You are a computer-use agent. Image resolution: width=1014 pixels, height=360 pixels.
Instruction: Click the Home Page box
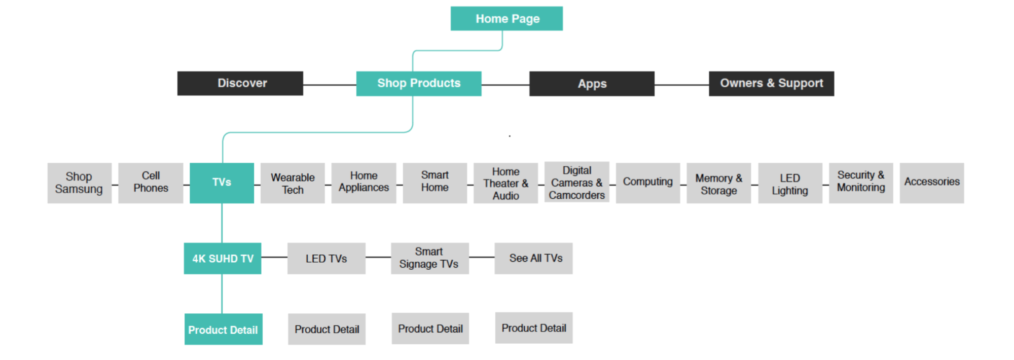[x=506, y=18]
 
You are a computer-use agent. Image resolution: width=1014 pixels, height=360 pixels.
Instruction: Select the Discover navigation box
[x=240, y=83]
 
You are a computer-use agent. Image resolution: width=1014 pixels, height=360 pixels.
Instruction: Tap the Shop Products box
[x=419, y=83]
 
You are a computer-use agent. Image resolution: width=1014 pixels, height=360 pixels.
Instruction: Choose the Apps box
[x=592, y=84]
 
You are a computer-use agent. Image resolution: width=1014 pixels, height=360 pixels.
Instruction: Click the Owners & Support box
[x=771, y=84]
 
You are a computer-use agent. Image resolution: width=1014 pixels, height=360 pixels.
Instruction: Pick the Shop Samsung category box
[x=80, y=183]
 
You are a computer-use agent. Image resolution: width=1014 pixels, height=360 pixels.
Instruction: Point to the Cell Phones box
[x=151, y=183]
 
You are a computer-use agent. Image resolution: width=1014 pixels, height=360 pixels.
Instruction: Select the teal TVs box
[x=222, y=183]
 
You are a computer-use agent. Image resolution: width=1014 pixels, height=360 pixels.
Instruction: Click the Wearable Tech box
[x=293, y=183]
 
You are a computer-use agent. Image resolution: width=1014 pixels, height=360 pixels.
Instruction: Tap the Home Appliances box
[x=364, y=183]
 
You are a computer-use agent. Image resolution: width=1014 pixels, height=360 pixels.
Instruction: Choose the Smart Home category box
[x=435, y=183]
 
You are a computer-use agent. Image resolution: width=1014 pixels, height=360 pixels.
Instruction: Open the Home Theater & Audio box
[x=505, y=183]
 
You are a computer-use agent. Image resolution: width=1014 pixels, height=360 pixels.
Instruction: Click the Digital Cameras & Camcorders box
[x=577, y=182]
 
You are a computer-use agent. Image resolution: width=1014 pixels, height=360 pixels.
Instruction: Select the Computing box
[x=648, y=183]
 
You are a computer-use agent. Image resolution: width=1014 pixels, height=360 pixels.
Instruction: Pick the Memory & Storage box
[x=719, y=183]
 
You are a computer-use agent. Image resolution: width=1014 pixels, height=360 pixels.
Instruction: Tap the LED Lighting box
[x=790, y=183]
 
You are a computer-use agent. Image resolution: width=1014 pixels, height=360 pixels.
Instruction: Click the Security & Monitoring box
[x=861, y=183]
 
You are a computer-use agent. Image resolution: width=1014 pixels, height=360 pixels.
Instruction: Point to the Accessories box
[x=932, y=183]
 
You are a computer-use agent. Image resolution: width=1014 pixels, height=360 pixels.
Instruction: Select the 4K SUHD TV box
[x=223, y=259]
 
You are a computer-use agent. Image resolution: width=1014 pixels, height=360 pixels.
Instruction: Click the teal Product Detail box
[x=224, y=329]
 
